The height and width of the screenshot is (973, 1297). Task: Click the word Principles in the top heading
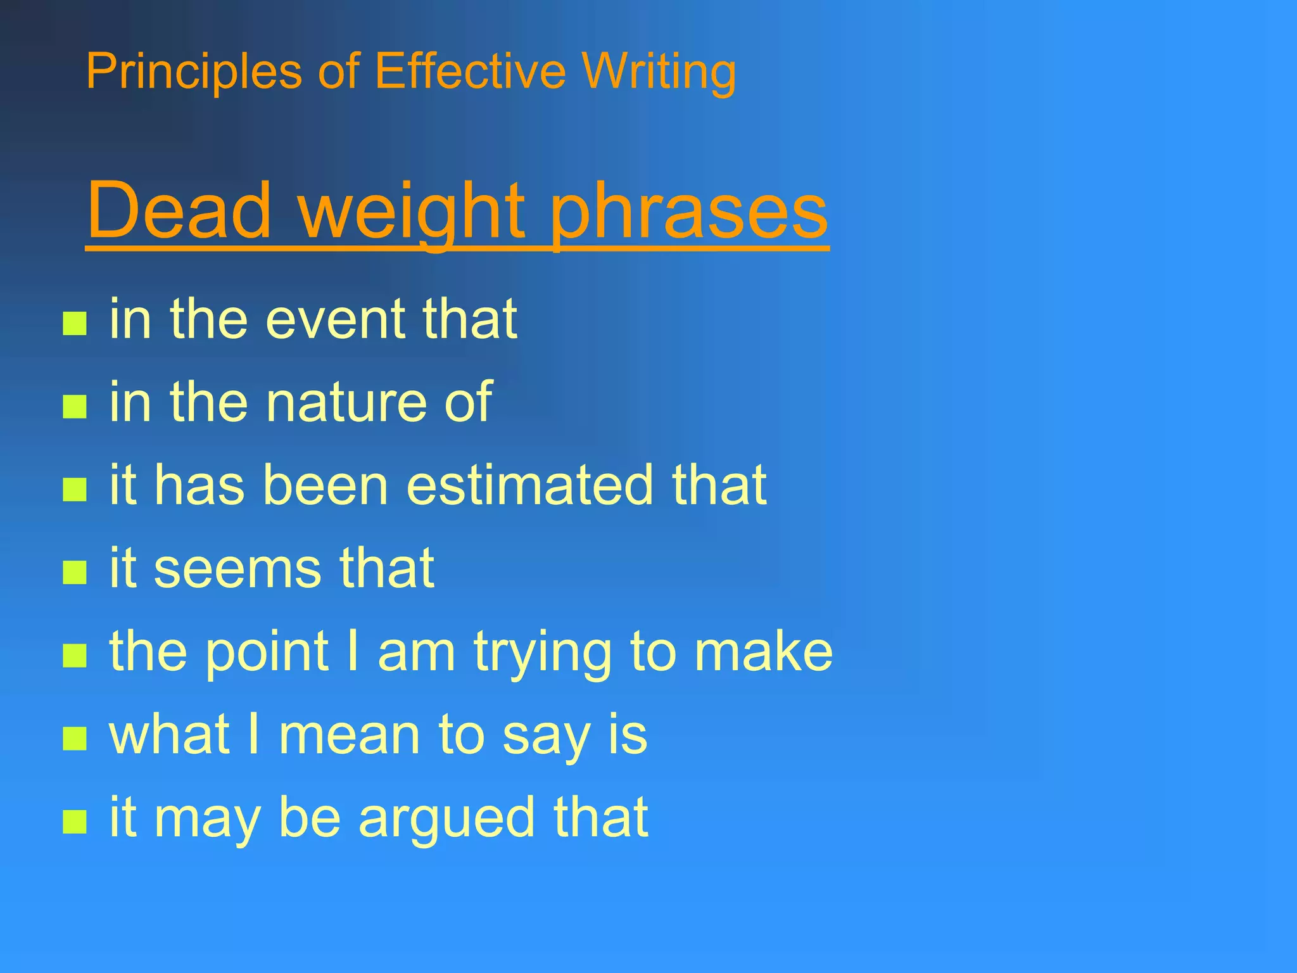point(194,72)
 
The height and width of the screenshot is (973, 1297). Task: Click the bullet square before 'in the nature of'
point(75,407)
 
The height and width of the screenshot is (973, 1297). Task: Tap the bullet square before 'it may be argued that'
point(75,822)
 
